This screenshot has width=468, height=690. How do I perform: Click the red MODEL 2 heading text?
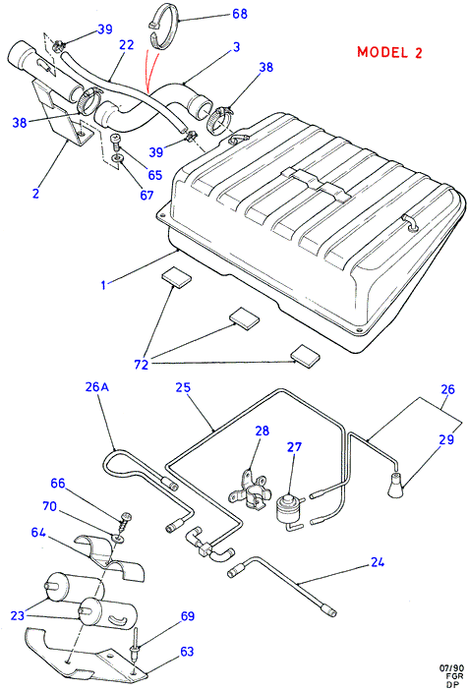[x=389, y=52]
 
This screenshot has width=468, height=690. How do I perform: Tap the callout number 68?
[x=240, y=14]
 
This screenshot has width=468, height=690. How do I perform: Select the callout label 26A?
[x=97, y=387]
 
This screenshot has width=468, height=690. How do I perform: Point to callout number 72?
[x=142, y=365]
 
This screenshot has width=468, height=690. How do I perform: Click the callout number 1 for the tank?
[x=103, y=285]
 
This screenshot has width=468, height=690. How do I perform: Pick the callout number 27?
[x=295, y=447]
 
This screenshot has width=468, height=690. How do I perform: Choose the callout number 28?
[x=262, y=431]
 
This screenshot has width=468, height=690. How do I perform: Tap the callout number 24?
[x=378, y=562]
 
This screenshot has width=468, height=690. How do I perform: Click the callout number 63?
[x=187, y=651]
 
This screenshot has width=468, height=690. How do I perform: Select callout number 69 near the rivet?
[x=188, y=615]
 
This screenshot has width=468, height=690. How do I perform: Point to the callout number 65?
[x=155, y=175]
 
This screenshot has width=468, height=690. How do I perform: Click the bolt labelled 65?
[x=115, y=143]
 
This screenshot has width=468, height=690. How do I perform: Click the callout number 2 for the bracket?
[x=36, y=194]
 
